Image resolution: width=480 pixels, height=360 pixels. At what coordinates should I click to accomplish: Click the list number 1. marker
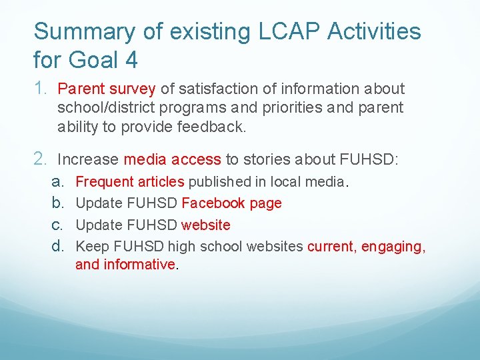click(x=41, y=88)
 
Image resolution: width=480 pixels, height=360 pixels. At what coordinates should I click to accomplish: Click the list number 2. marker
click(x=41, y=159)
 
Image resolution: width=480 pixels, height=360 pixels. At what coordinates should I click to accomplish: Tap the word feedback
click(x=214, y=127)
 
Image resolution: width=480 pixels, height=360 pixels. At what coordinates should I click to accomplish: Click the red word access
click(x=196, y=159)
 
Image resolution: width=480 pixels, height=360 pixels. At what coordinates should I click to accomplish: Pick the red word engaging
click(x=393, y=247)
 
